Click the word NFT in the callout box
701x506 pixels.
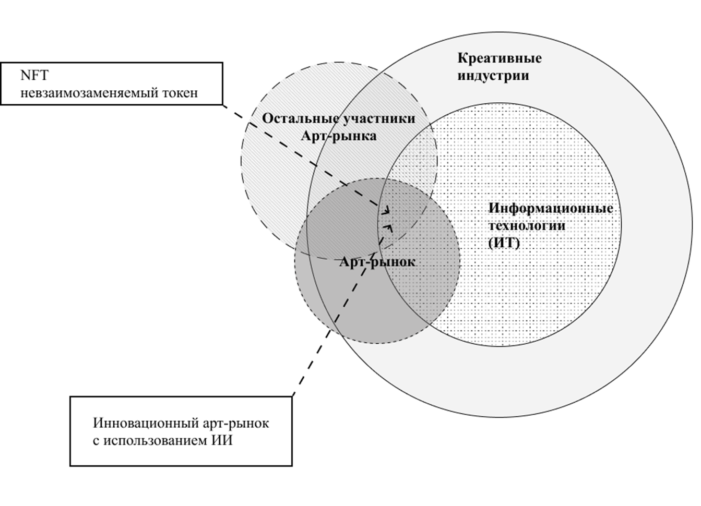tap(34, 76)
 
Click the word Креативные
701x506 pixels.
tap(500, 58)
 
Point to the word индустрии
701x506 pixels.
tap(493, 76)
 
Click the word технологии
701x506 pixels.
tap(527, 226)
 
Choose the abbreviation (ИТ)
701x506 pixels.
tap(504, 243)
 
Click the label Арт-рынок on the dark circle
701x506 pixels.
tap(377, 262)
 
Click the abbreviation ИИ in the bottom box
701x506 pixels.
tap(222, 440)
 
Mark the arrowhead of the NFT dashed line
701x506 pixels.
tap(387, 211)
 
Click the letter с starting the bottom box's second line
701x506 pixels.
tap(96, 441)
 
